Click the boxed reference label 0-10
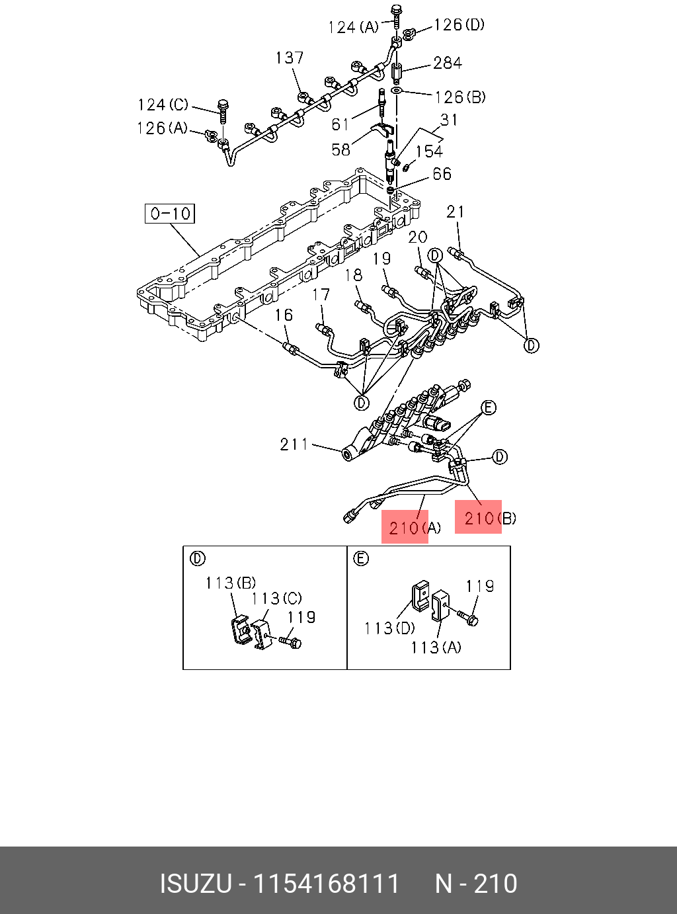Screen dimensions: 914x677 pos(170,214)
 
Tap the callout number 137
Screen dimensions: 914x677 pos(290,58)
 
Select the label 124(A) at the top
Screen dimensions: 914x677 pos(353,27)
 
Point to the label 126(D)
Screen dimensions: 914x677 pos(459,25)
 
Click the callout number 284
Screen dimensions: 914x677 pos(448,63)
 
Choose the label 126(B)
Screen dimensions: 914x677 pos(460,97)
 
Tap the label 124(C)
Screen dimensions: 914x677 pos(163,104)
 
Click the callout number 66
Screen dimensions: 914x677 pos(442,174)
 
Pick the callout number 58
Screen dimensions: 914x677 pos(340,150)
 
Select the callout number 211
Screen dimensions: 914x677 pos(294,444)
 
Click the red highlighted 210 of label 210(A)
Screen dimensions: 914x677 pos(404,528)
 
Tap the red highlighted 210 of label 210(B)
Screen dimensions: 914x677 pos(478,518)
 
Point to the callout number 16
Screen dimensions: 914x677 pos(284,315)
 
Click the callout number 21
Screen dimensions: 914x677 pos(456,212)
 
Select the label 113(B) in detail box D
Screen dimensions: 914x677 pos(230,583)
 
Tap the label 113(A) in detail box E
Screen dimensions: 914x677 pos(436,647)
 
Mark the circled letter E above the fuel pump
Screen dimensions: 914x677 pos(488,407)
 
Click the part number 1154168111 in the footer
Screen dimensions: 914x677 pos(327,884)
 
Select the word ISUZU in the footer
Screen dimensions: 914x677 pos(195,884)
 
